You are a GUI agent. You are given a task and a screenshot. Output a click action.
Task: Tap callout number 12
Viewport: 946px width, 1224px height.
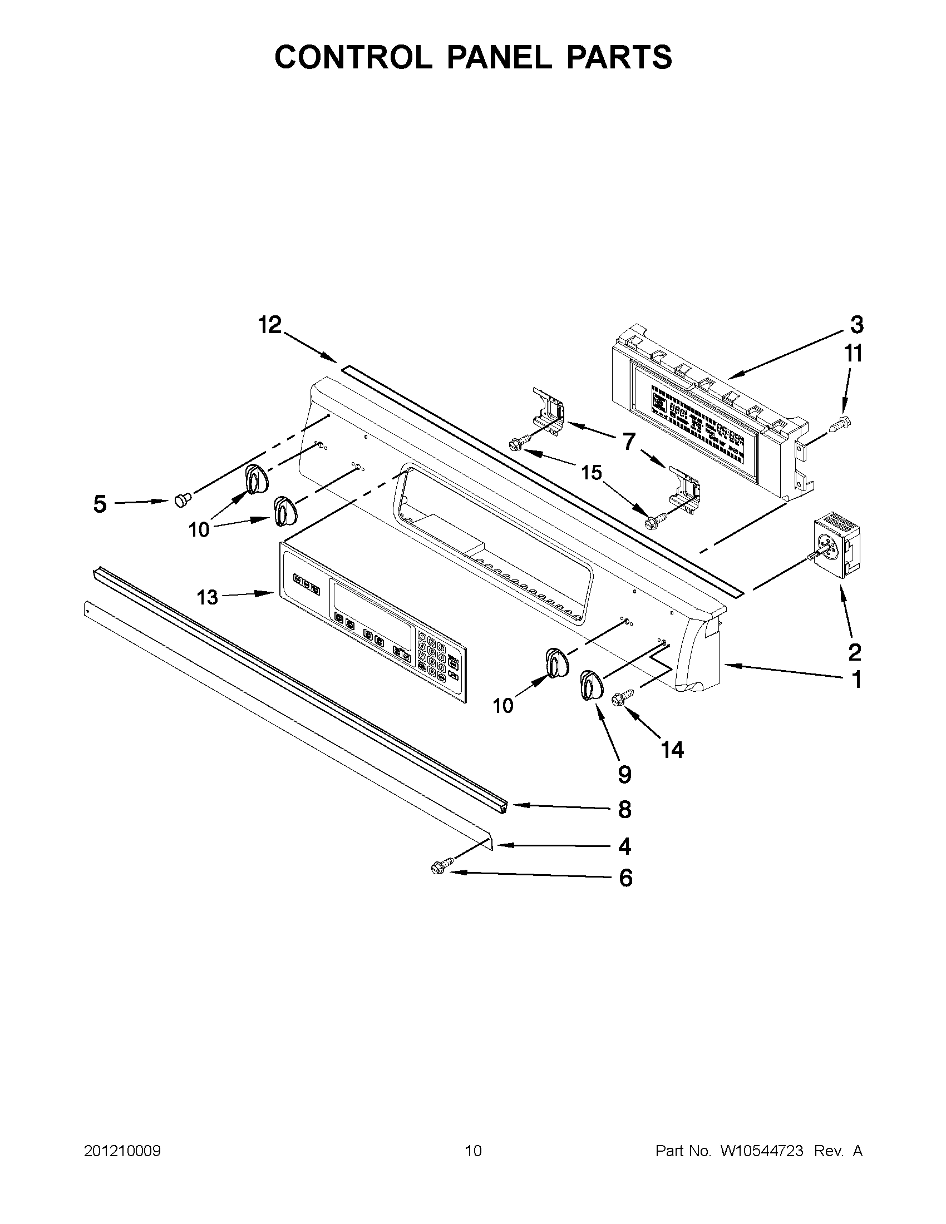270,325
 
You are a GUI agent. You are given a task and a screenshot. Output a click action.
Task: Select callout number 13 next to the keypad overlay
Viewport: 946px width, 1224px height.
207,597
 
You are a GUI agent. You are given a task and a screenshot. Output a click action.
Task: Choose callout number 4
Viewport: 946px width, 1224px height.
625,846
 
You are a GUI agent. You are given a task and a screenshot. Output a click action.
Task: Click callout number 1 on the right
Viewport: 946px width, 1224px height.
856,680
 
